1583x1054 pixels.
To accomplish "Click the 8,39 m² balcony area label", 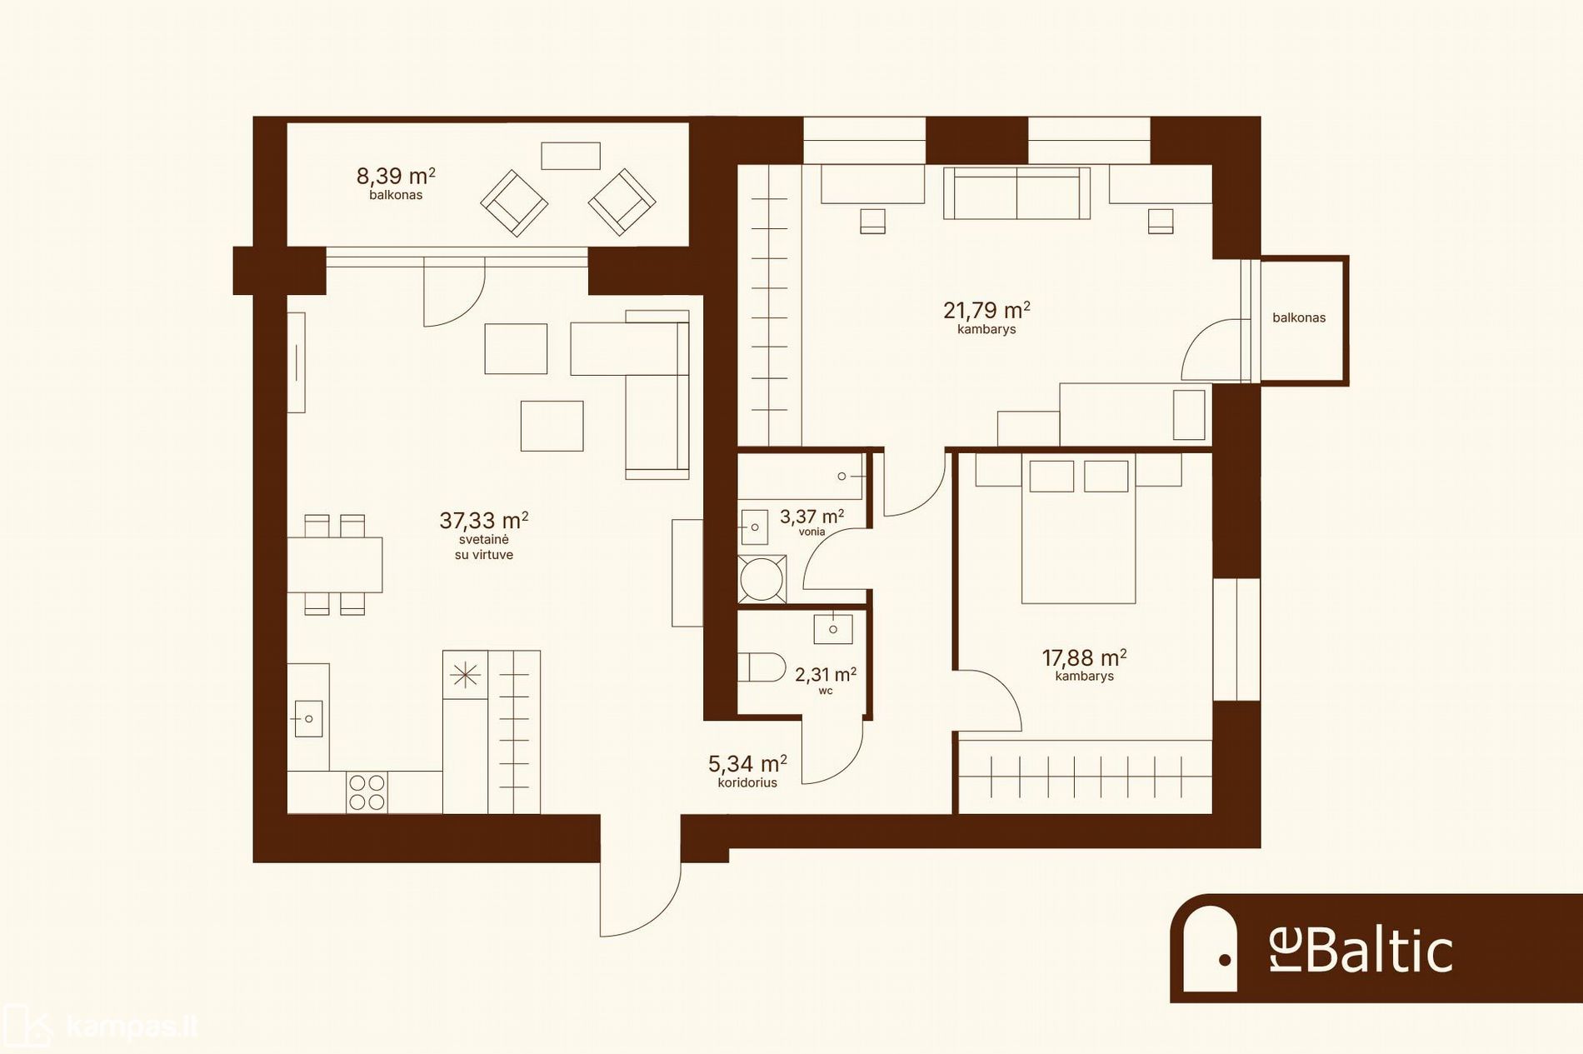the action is coord(396,176).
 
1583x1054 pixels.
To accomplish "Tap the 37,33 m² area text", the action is coord(484,521).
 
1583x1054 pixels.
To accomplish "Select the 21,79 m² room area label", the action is coord(986,310).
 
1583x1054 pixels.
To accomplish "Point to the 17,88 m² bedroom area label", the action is coord(1085,657).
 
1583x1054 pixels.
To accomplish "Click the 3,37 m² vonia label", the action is coord(811,517).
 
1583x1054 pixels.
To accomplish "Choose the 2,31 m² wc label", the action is coord(826,674).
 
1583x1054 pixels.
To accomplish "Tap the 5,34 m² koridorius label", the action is coord(747,763).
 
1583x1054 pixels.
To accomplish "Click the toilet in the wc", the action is coord(762,667).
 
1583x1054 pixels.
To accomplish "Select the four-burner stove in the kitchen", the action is coord(367,792).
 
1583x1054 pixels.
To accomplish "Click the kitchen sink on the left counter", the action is coord(308,718).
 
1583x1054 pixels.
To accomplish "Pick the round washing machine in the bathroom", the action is coord(762,578).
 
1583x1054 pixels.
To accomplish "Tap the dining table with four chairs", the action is coord(335,565).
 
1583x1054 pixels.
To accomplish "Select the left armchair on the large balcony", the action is coord(514,203).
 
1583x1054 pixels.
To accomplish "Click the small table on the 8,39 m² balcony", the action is coord(571,156).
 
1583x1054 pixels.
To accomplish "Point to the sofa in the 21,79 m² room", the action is coord(1016,193).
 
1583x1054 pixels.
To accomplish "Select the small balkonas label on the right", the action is coord(1299,317).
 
